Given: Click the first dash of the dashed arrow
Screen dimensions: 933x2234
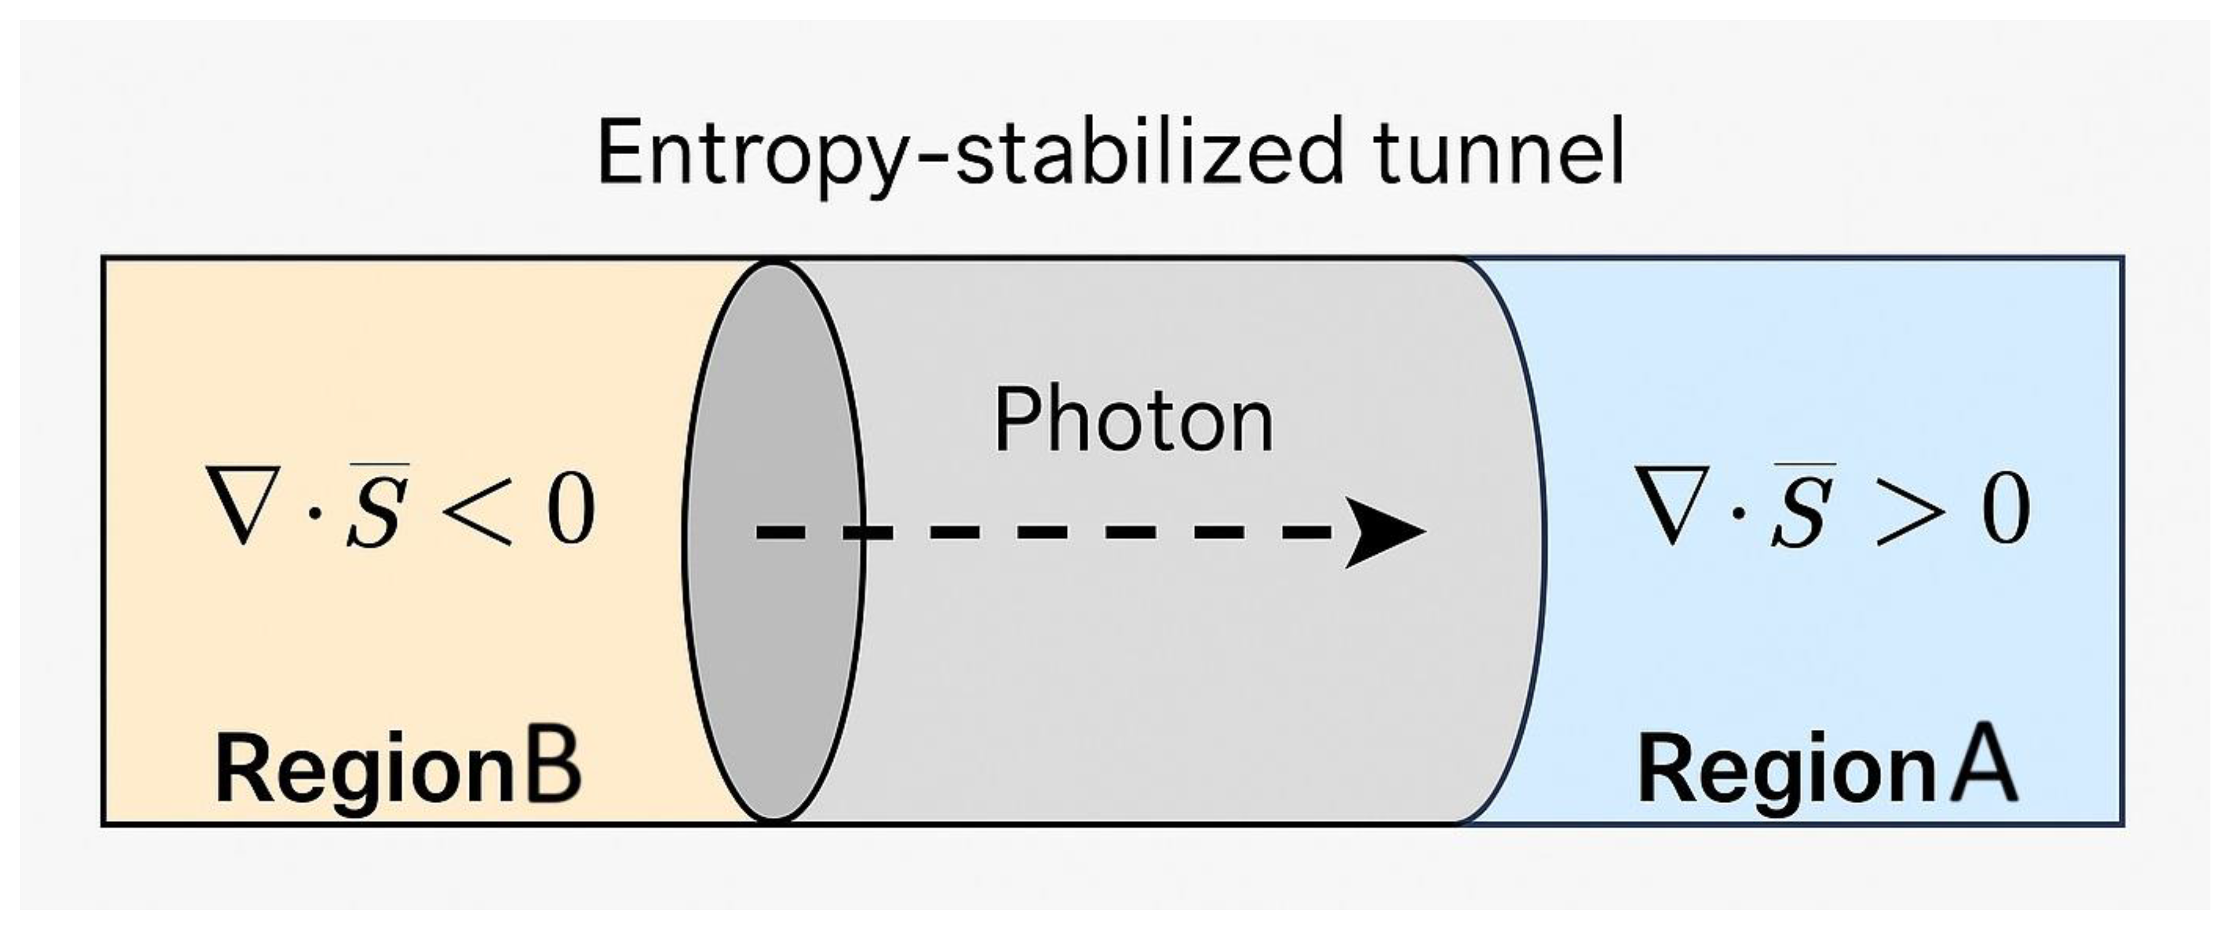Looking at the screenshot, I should tap(777, 531).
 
